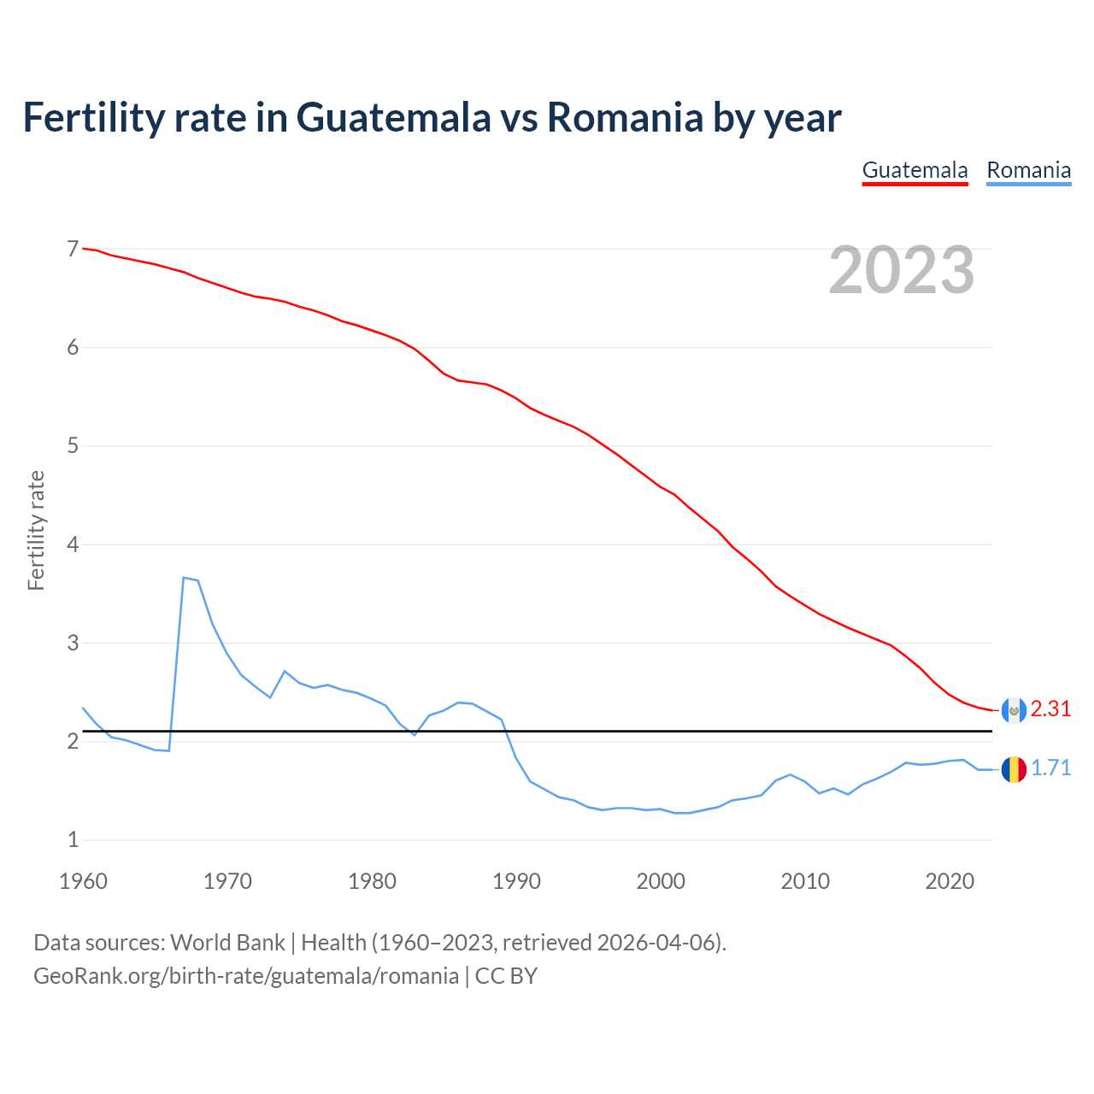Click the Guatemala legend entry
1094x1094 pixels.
tap(915, 170)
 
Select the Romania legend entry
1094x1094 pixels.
tap(1028, 170)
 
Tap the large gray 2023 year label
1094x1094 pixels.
tap(901, 270)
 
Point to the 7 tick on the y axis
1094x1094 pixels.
tap(73, 249)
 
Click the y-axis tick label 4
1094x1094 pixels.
tap(73, 544)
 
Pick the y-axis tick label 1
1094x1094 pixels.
tap(73, 840)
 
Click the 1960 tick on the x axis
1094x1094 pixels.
tap(83, 881)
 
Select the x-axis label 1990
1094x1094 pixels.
tap(516, 881)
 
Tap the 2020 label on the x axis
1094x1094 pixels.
tap(950, 881)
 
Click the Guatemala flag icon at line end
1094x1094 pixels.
tap(1014, 709)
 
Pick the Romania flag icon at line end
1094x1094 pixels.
tap(1014, 769)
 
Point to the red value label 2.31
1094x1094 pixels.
tap(1050, 709)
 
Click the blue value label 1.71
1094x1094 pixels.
tap(1050, 768)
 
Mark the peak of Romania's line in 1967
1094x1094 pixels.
tap(184, 578)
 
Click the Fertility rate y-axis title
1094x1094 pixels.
tap(36, 530)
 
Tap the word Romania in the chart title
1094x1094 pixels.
tap(624, 117)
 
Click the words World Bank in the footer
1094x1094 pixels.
tap(227, 943)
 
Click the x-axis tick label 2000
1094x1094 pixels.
tap(661, 881)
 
